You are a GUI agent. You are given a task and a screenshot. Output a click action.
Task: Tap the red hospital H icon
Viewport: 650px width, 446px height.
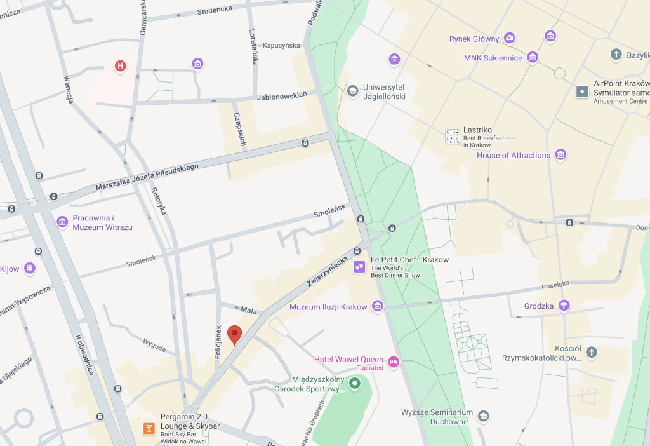120,65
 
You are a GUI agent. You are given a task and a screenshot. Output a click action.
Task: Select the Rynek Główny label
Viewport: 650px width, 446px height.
474,39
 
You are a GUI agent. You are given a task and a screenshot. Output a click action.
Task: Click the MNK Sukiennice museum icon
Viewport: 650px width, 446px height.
533,58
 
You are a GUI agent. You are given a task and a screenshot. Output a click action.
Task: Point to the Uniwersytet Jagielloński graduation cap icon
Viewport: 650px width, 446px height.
352,91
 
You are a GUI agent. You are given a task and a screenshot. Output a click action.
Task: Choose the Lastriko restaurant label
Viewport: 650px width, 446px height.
478,130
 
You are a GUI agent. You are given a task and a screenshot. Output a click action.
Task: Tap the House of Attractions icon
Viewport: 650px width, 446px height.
560,154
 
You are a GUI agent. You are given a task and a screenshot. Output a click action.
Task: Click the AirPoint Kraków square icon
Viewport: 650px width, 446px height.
582,91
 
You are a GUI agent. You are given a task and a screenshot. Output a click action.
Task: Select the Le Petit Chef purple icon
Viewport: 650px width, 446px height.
359,267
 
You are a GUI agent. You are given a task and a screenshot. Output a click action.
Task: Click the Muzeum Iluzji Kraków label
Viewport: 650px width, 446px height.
328,307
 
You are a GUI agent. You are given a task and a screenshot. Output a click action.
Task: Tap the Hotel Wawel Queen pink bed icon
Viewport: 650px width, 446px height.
394,362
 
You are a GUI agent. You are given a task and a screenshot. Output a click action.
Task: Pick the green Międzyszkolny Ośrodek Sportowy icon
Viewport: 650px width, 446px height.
355,383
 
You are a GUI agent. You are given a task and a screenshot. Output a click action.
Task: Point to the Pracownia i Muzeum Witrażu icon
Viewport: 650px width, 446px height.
62,222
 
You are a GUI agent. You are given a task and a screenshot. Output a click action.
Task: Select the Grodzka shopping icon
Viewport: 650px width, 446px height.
563,306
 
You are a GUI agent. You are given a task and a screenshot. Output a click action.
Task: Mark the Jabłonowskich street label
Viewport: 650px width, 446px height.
282,95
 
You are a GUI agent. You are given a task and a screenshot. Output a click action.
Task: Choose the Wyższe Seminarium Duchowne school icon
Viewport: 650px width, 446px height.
484,416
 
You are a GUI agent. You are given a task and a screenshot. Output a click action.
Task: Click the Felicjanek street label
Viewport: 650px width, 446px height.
218,342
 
